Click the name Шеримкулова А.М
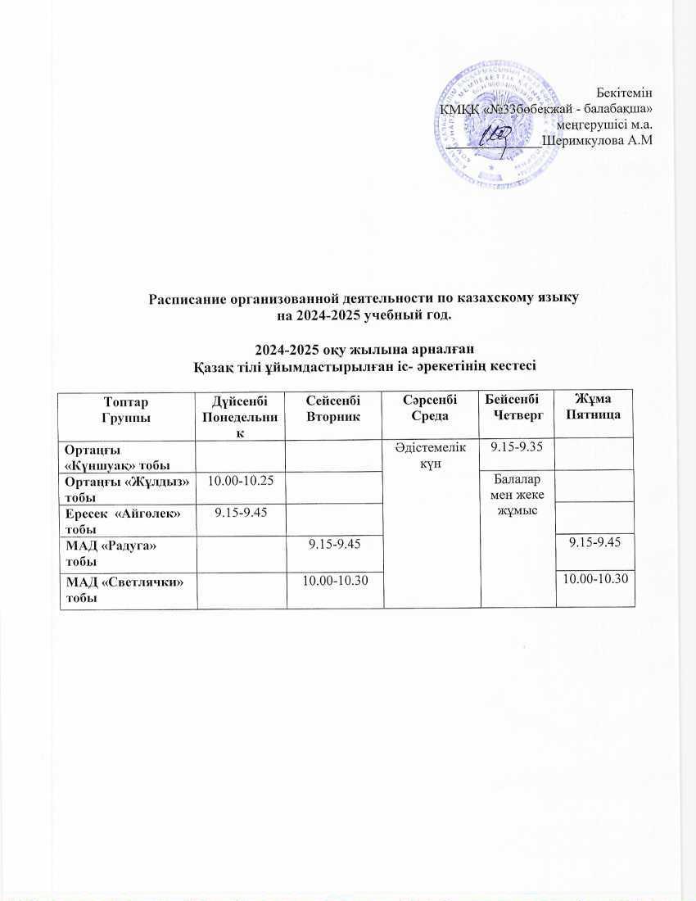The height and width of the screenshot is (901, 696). pyautogui.click(x=597, y=140)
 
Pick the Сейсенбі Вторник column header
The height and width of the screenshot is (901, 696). pyautogui.click(x=333, y=408)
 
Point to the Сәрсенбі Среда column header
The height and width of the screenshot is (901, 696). pyautogui.click(x=432, y=408)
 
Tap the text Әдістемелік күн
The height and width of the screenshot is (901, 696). pyautogui.click(x=432, y=454)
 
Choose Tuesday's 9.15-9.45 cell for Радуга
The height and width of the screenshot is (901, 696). pyautogui.click(x=334, y=544)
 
